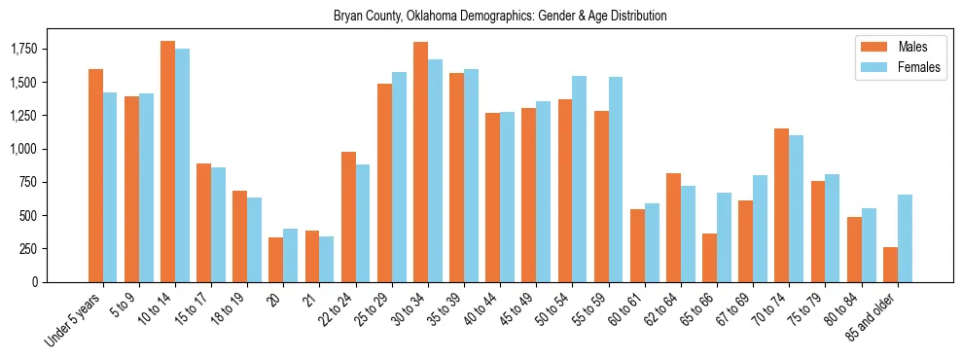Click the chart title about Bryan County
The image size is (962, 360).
tap(500, 17)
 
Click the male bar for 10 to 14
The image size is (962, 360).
tap(167, 162)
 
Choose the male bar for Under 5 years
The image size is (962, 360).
tap(95, 175)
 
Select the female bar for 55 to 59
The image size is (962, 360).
tap(616, 179)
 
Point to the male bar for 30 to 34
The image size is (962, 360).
tap(420, 162)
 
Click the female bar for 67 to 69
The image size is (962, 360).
tap(760, 229)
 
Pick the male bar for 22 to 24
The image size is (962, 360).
tap(348, 217)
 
